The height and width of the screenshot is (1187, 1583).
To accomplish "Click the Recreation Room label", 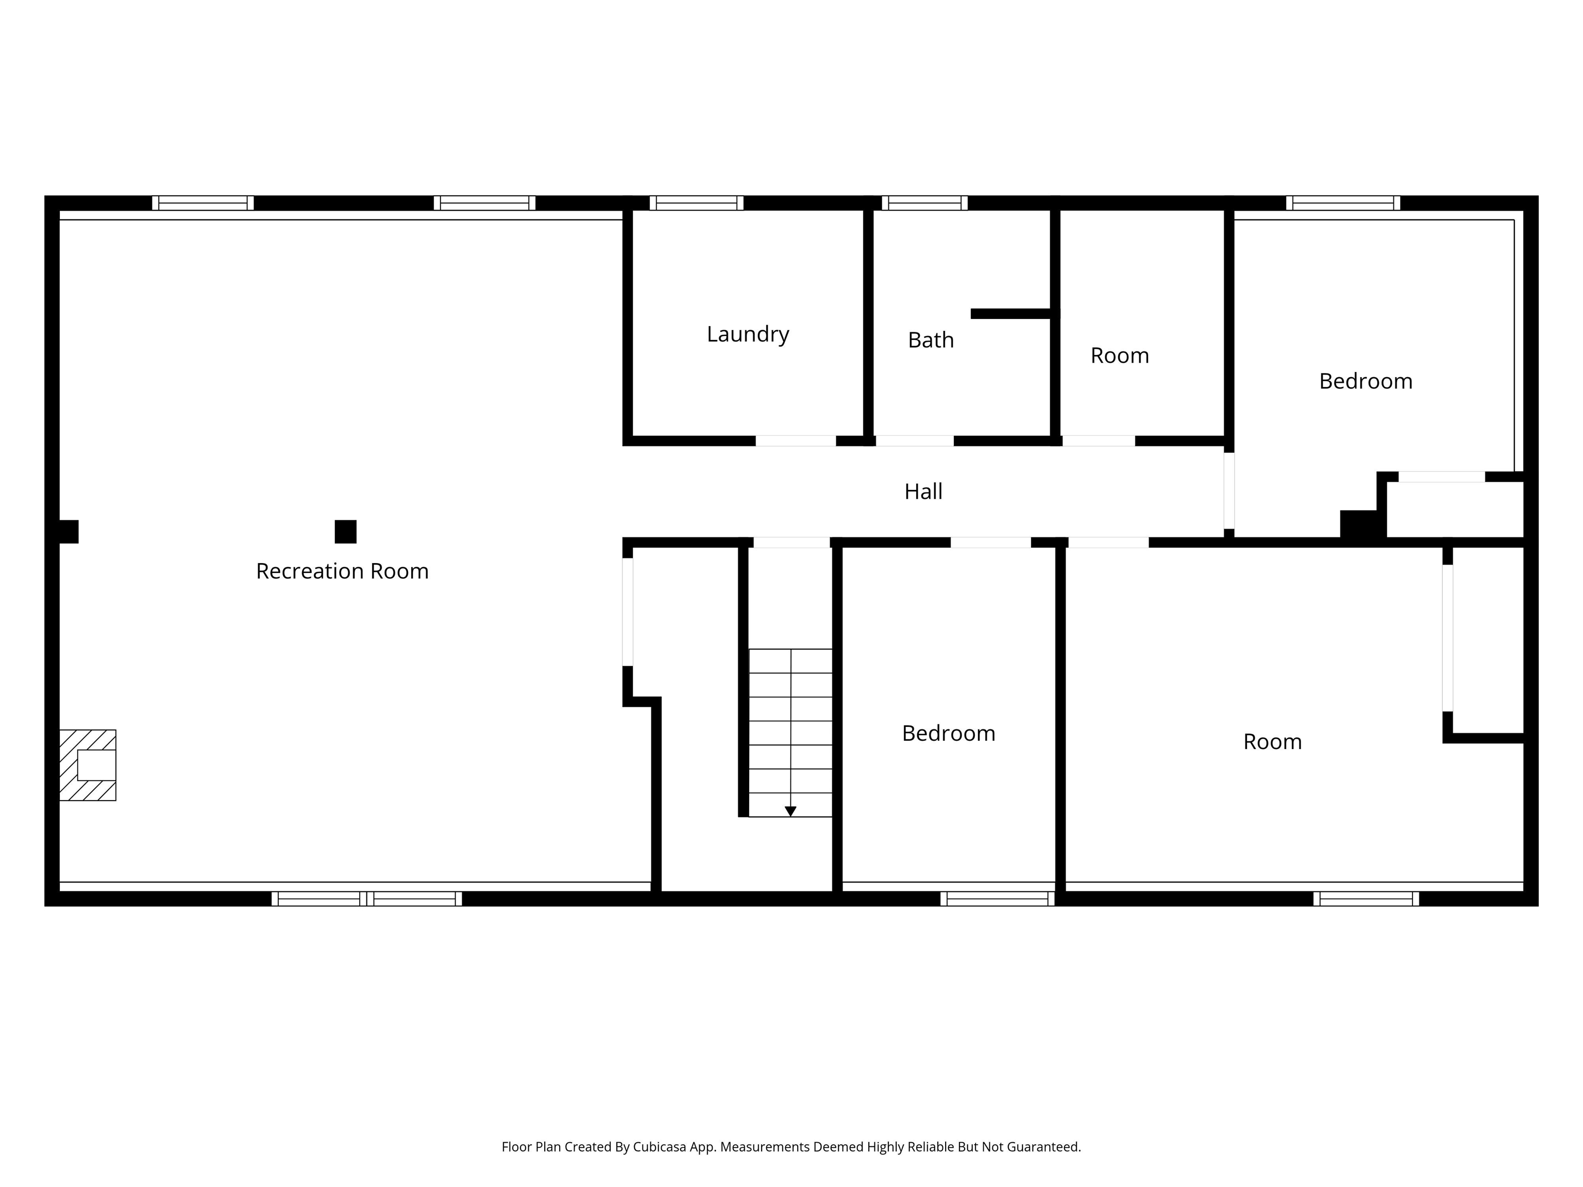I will click(342, 571).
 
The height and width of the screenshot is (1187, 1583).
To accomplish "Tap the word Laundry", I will click(748, 334).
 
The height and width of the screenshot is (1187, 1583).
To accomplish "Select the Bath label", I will click(930, 340).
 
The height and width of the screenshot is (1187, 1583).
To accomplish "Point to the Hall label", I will click(923, 491).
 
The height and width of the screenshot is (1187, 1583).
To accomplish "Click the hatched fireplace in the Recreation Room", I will click(87, 765).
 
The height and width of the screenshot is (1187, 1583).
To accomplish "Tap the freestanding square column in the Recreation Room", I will click(346, 532).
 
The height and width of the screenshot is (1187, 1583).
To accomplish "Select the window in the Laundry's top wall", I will click(696, 203).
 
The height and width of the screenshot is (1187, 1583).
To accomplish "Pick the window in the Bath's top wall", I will click(924, 203).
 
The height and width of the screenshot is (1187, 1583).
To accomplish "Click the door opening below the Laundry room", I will click(796, 440).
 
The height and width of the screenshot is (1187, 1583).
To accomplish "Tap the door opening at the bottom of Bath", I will click(915, 440).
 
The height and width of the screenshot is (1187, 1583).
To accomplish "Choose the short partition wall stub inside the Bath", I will click(1011, 313).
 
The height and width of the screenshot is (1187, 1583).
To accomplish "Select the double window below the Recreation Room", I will click(366, 898).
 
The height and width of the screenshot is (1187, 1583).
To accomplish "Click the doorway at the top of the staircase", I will click(791, 542).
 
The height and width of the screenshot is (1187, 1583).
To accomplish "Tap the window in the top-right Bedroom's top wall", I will click(1342, 203).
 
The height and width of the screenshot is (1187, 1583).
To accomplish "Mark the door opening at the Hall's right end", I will click(1229, 491).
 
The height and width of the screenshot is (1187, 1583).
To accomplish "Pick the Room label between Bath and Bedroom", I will click(1119, 355).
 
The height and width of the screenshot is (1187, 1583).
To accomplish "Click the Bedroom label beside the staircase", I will click(948, 734).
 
